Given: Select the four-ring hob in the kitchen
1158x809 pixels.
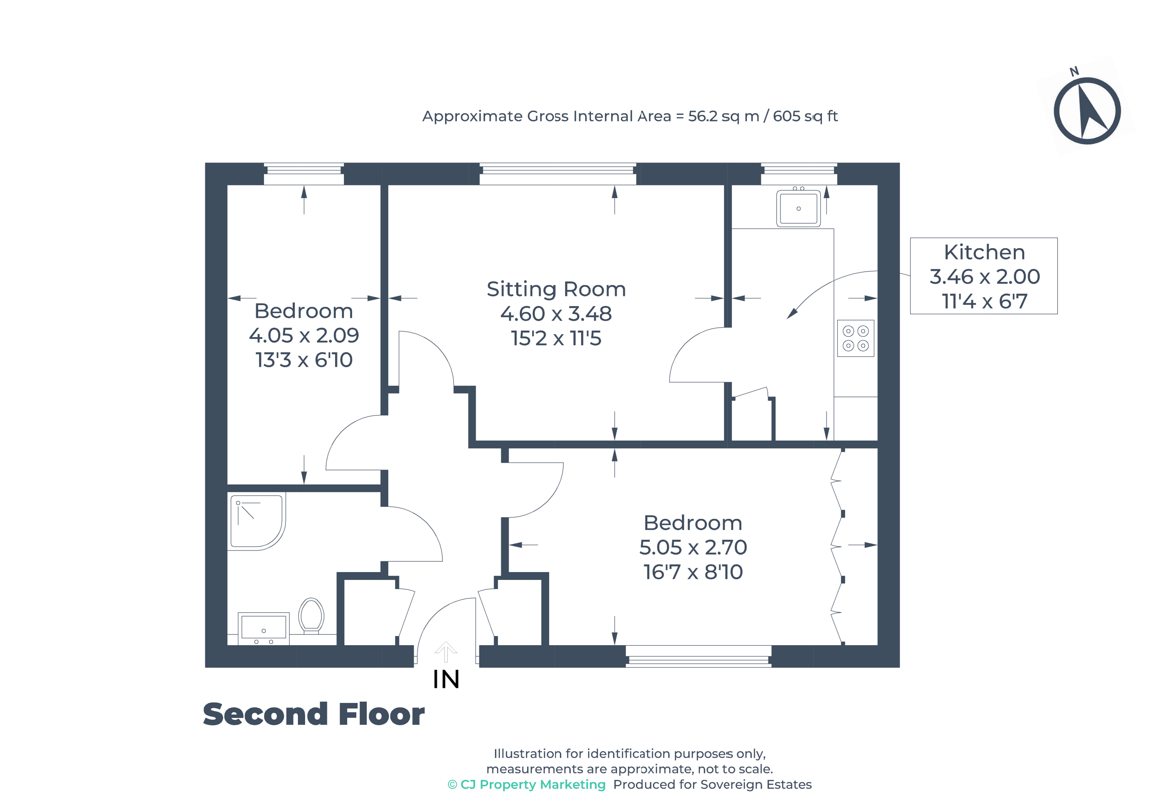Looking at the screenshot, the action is pos(855,338).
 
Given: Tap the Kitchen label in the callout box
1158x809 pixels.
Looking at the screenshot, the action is pos(984,252).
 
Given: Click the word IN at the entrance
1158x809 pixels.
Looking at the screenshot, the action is pos(446,679).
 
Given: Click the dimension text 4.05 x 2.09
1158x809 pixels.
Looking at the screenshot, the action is pos(304,335).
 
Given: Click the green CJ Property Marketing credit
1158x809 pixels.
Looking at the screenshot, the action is pos(527,784).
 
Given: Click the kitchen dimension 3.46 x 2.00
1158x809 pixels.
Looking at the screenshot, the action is pos(984,276).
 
